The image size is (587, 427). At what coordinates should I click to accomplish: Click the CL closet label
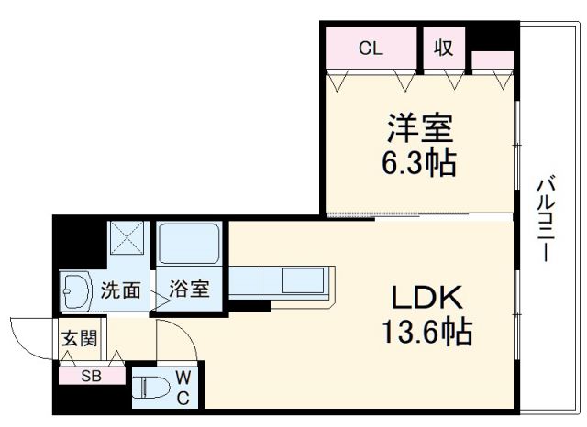click(371, 49)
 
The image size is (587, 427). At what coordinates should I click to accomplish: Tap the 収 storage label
click(445, 49)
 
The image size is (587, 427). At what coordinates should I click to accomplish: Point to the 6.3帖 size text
click(418, 164)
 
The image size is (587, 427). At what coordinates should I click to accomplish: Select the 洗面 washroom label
click(120, 291)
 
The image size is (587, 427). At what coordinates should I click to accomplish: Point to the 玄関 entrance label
click(78, 338)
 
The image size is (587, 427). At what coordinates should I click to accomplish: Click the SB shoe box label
click(91, 375)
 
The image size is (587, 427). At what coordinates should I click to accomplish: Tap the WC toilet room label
click(183, 387)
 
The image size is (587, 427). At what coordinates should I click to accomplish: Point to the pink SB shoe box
click(91, 375)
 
